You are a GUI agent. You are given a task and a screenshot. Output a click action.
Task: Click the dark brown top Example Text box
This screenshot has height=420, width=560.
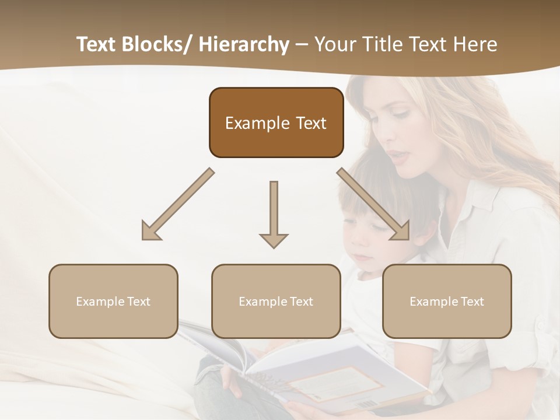pyautogui.click(x=276, y=123)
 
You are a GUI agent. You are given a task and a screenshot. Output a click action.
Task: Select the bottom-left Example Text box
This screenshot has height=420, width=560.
pyautogui.click(x=113, y=301)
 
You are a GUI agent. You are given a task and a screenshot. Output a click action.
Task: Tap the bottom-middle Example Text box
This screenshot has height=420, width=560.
pyautogui.click(x=276, y=301)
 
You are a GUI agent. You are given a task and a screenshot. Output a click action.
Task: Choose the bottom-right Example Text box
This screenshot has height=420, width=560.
pyautogui.click(x=447, y=301)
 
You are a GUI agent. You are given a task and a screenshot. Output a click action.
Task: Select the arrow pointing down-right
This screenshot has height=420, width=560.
pyautogui.click(x=373, y=204)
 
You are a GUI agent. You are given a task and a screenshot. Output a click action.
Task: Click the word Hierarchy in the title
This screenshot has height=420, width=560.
pyautogui.click(x=244, y=44)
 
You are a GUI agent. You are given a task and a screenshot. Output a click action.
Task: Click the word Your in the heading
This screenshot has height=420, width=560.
pyautogui.click(x=334, y=44)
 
